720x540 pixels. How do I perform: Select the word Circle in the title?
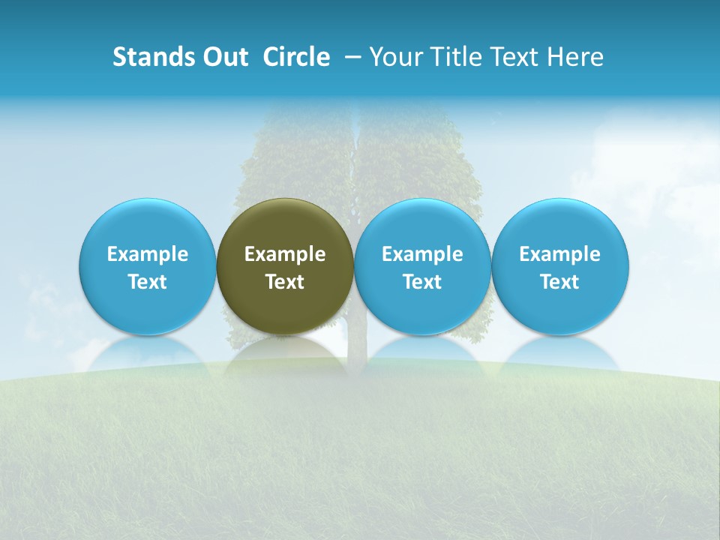tap(296, 57)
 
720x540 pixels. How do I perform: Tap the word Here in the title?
tap(575, 57)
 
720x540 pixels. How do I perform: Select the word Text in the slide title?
tap(517, 57)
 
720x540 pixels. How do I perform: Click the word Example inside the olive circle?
tap(285, 254)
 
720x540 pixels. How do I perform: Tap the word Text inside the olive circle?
tap(285, 282)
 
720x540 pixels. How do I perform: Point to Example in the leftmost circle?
tap(147, 254)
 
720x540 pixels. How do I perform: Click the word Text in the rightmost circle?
tap(560, 282)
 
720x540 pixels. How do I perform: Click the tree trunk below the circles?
tap(357, 344)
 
